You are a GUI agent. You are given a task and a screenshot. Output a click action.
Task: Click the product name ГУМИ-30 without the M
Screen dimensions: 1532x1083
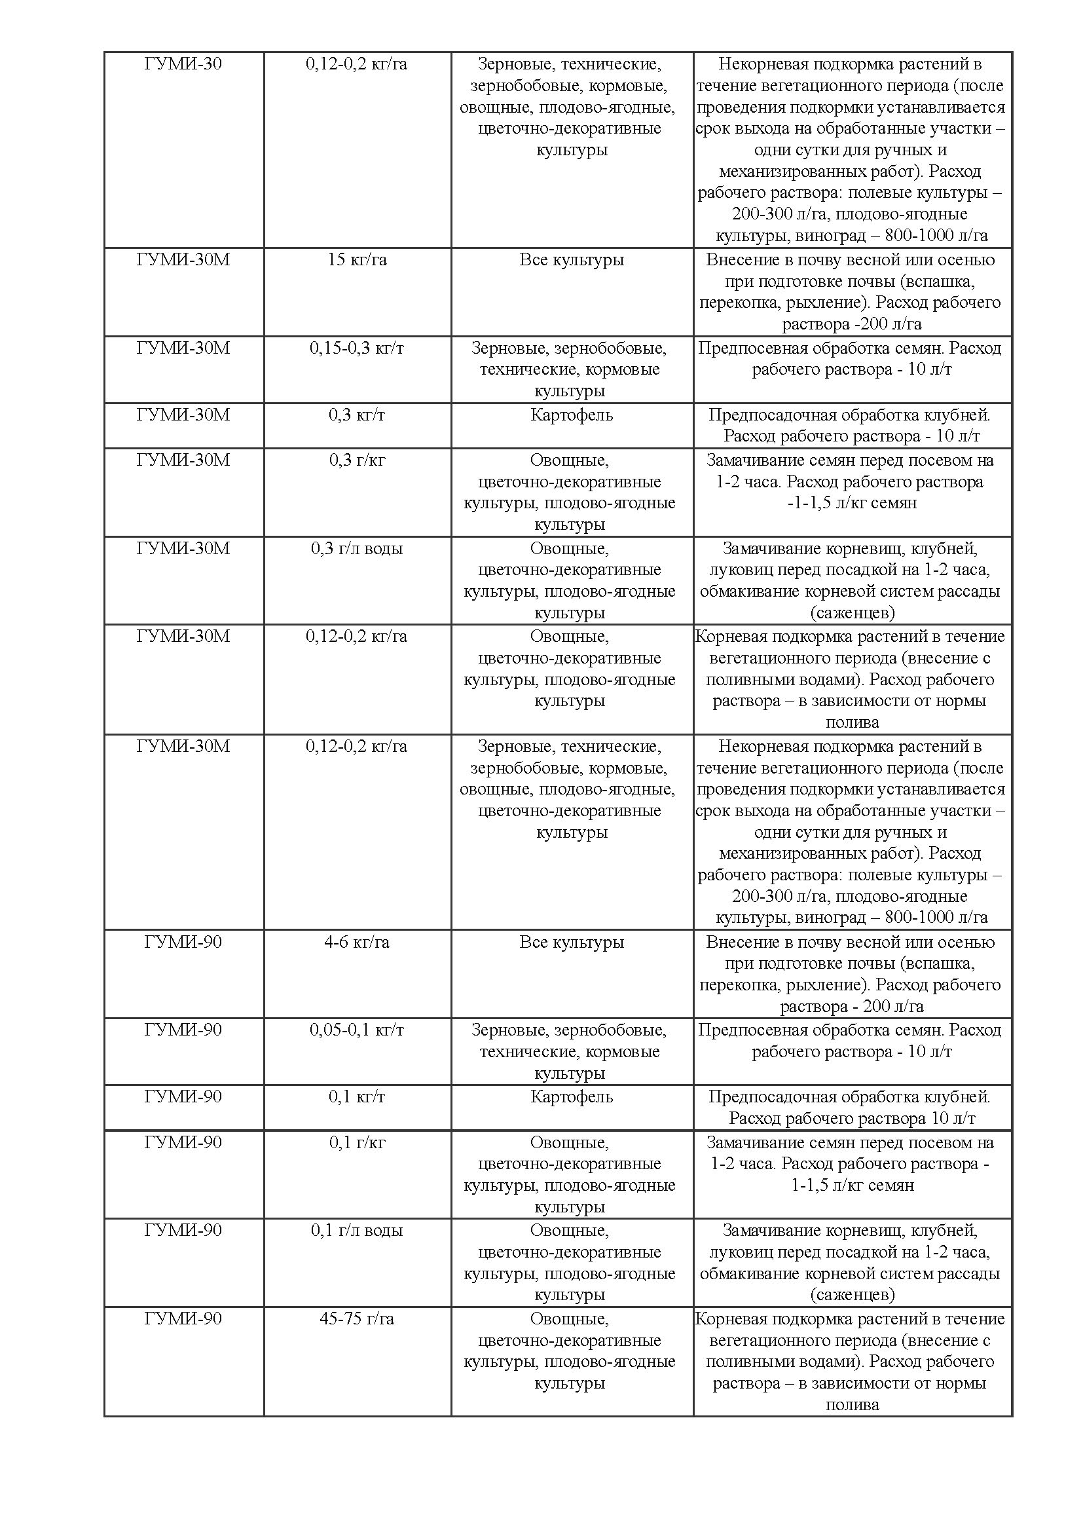tap(183, 64)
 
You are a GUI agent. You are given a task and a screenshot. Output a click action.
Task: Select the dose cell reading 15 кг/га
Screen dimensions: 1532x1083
tap(357, 259)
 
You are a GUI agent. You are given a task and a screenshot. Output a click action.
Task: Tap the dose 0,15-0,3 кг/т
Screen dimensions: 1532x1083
tap(357, 348)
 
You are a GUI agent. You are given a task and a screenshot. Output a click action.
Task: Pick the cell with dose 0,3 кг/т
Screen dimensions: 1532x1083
tap(357, 415)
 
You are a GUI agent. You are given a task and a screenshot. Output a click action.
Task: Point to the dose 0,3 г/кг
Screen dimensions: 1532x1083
tap(357, 460)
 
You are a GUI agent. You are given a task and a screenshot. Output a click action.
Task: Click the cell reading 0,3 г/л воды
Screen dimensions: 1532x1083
tap(357, 548)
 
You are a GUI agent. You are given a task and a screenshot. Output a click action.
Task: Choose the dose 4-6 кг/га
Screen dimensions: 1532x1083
tap(357, 941)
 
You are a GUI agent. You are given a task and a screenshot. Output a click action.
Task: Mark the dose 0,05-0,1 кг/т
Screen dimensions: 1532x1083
tap(357, 1030)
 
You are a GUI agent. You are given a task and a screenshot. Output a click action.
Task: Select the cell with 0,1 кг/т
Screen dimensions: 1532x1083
tap(357, 1096)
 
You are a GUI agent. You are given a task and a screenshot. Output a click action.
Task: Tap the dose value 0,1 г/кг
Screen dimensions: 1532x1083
tap(357, 1142)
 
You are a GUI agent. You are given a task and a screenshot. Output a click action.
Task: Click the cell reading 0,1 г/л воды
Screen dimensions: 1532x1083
tap(357, 1230)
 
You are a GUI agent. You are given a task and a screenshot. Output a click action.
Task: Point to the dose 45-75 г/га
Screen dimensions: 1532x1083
tap(357, 1318)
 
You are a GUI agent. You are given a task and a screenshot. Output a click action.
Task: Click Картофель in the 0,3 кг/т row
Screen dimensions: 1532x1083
tap(572, 415)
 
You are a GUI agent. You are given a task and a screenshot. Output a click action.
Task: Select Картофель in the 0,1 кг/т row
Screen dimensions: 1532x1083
tap(572, 1096)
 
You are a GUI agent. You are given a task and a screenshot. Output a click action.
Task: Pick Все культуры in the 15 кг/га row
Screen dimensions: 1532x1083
tap(572, 259)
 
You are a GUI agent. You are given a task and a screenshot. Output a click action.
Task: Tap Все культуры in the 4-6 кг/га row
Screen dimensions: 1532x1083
tap(572, 941)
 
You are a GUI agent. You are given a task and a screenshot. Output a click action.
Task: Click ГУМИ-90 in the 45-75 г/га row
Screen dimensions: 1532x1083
tap(183, 1318)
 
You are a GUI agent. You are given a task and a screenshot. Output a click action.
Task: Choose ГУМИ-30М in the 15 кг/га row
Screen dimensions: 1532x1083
tap(183, 259)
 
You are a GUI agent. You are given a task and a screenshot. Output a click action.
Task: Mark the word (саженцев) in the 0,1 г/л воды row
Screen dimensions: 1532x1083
tap(853, 1295)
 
